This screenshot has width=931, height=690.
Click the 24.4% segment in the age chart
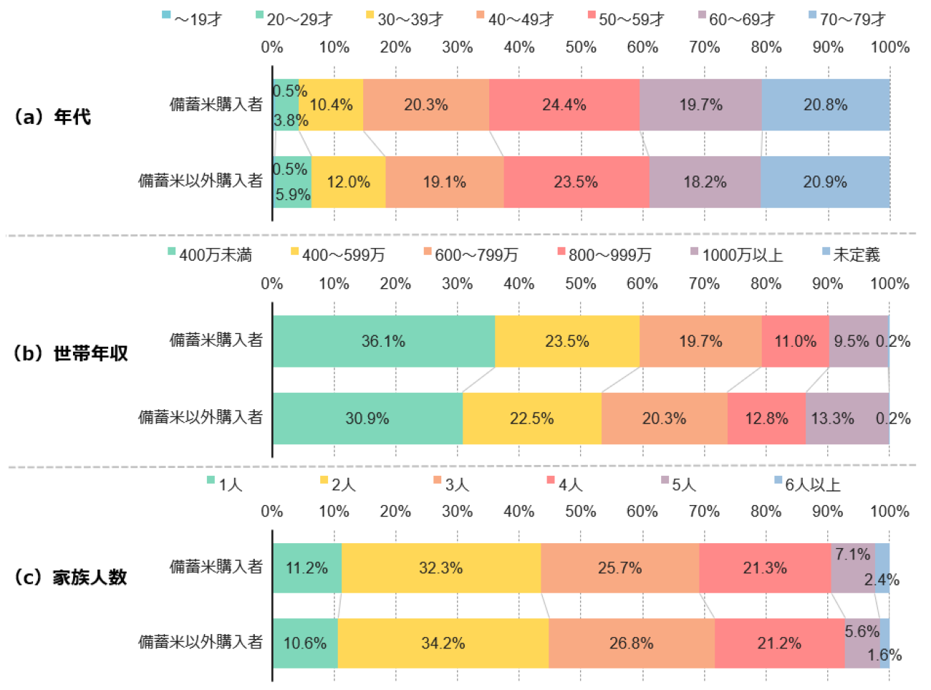(564, 105)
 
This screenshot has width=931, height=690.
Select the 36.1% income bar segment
(383, 341)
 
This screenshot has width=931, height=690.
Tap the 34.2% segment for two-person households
(443, 643)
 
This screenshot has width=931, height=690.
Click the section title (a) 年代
(53, 117)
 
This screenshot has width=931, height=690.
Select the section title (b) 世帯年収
(70, 353)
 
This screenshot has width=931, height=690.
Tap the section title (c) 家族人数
(70, 577)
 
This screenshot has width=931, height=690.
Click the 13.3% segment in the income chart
(832, 418)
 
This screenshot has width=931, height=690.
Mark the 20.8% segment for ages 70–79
(825, 105)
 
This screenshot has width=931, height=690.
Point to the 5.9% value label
(293, 194)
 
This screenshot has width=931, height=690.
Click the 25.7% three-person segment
(619, 568)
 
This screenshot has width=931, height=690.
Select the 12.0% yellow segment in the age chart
(348, 182)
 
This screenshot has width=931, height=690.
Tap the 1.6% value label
(884, 655)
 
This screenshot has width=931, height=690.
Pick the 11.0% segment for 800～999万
(795, 341)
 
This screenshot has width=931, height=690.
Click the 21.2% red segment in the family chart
(779, 643)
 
